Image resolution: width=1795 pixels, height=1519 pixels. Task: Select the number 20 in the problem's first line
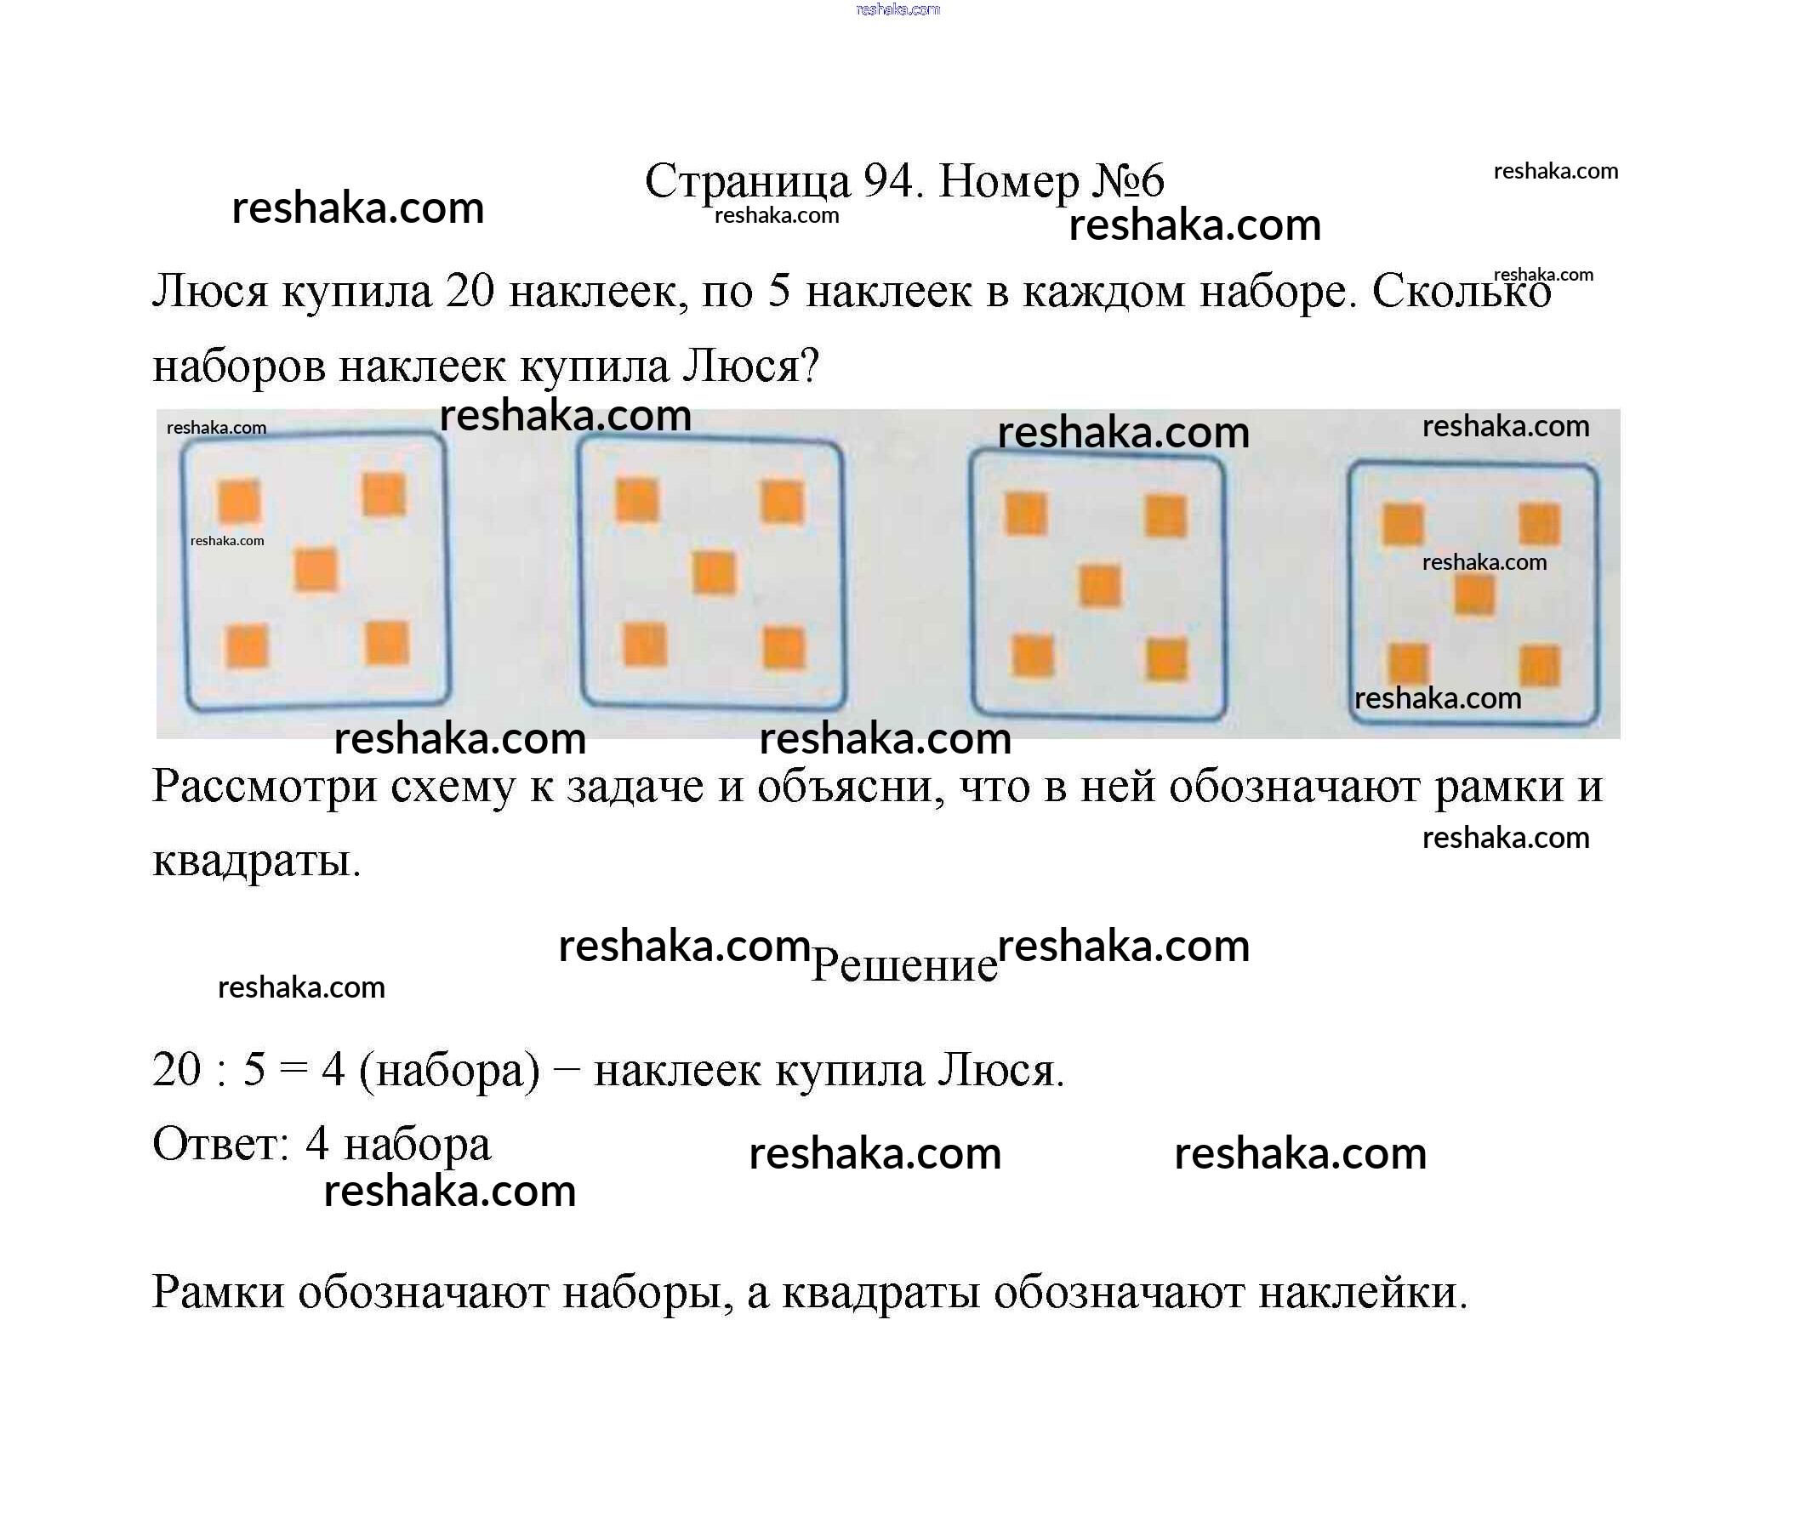coord(470,291)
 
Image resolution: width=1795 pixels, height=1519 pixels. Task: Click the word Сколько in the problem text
coord(1461,292)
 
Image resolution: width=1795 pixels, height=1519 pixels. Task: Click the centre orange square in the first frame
coord(316,570)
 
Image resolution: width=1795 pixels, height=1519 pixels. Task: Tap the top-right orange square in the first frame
coord(384,495)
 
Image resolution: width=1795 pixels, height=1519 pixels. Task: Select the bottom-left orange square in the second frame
coord(644,644)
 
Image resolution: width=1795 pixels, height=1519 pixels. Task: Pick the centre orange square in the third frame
coord(1100,586)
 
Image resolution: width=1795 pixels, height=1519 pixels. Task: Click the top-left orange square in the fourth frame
coord(1402,525)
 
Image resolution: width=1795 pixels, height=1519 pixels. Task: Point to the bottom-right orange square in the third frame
coord(1166,660)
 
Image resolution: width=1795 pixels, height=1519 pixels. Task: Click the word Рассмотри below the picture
coord(265,786)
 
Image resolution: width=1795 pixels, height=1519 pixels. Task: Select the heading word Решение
coord(903,964)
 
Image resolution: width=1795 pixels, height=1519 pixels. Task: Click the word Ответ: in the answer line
coord(220,1145)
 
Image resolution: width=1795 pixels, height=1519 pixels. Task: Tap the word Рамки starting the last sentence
coord(218,1292)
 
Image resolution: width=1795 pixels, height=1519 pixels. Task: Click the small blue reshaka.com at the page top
coord(897,9)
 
